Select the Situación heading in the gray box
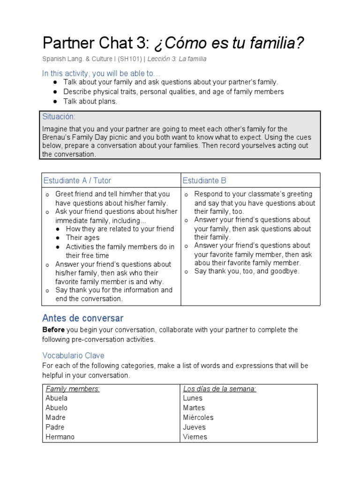(x=59, y=116)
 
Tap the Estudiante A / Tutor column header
(x=77, y=180)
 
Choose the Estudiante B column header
(x=204, y=180)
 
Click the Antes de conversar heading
(x=83, y=318)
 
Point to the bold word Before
(x=53, y=330)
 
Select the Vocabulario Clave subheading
(x=74, y=355)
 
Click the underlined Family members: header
(x=73, y=389)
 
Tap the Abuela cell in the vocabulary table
(x=57, y=398)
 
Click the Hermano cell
(x=60, y=437)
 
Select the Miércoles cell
(x=198, y=417)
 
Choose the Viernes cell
(x=195, y=437)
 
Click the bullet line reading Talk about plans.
(x=90, y=101)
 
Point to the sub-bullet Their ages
(x=82, y=238)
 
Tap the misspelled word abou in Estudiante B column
(x=202, y=263)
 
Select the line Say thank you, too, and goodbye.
(x=247, y=271)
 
